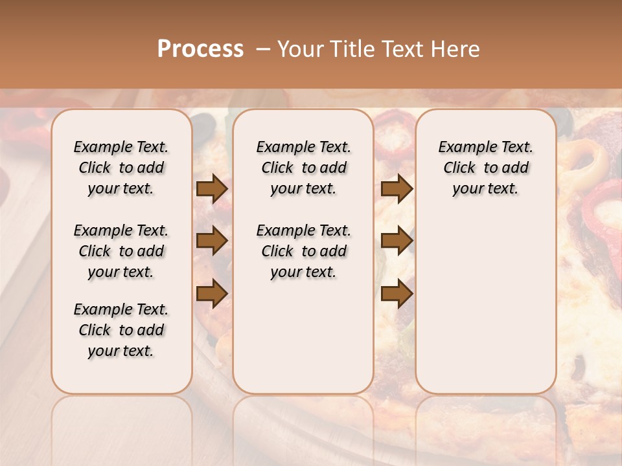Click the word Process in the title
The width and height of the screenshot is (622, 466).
(200, 49)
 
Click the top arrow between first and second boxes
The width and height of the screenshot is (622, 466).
(212, 189)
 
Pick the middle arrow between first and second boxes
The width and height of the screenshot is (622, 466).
(212, 241)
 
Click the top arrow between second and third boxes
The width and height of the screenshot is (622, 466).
(397, 189)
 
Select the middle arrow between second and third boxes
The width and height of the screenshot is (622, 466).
(397, 241)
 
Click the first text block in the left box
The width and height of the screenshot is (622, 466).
(121, 168)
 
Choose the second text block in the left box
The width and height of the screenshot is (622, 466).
(121, 251)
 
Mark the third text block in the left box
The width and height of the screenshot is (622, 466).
(121, 330)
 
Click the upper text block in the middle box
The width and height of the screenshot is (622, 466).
(304, 168)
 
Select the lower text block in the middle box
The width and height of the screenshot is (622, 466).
(304, 251)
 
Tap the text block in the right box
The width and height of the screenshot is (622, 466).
(486, 168)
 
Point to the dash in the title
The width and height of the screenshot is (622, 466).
(263, 49)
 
